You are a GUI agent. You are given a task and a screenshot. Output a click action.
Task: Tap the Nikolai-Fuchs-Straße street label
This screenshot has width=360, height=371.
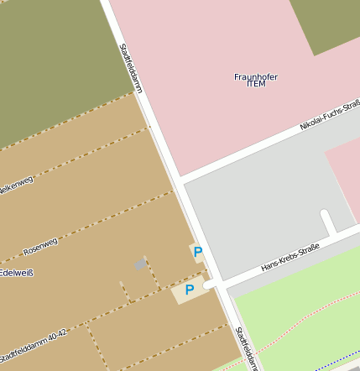tap(328, 115)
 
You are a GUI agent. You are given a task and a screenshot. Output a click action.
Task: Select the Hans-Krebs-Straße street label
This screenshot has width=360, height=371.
tap(290, 256)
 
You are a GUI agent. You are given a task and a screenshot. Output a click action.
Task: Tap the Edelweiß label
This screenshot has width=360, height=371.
tap(17, 273)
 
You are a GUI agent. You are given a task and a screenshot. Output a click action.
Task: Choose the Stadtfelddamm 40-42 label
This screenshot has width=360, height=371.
tap(34, 342)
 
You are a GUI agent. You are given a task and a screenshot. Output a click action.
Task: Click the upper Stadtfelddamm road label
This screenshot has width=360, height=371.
tap(131, 68)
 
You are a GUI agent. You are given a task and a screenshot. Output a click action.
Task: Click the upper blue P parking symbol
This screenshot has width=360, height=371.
tap(197, 251)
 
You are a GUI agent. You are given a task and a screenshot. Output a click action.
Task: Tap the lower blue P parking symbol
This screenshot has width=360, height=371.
tap(189, 290)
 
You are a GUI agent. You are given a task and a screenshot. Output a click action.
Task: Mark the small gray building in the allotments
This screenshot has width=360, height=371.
tap(140, 265)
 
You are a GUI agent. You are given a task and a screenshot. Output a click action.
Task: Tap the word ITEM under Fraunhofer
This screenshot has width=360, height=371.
tap(255, 86)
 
